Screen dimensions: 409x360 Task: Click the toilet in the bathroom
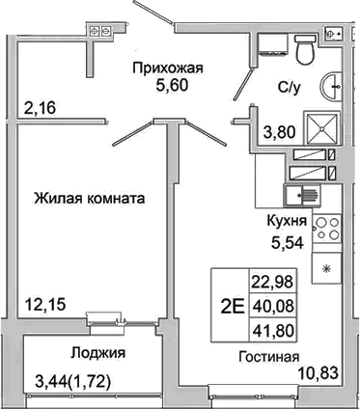[x=305, y=49]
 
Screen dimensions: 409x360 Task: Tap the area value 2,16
[x=42, y=107]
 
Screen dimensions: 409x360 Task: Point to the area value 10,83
[x=319, y=371]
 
